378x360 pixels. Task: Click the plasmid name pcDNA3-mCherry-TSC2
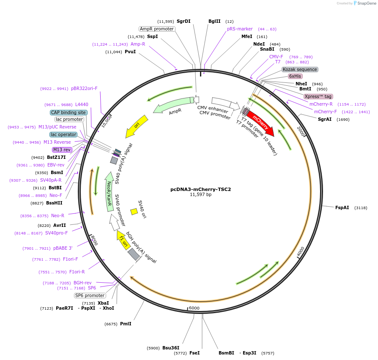[200, 189]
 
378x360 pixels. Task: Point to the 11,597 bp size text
[200, 195]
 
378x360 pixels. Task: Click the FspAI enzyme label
[342, 207]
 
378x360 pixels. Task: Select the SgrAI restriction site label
[325, 119]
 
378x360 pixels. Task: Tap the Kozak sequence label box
[300, 69]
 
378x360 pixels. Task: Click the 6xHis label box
[295, 76]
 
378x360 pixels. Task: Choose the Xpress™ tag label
[318, 96]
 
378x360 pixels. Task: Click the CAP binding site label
[68, 112]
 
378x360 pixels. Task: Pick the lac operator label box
[63, 134]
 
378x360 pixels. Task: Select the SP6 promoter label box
[90, 295]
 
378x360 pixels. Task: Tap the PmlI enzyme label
[126, 324]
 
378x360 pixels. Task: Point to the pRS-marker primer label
[240, 29]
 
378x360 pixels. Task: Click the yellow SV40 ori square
[134, 211]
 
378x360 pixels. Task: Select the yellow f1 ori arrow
[123, 240]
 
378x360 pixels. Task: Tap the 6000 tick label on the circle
[194, 308]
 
